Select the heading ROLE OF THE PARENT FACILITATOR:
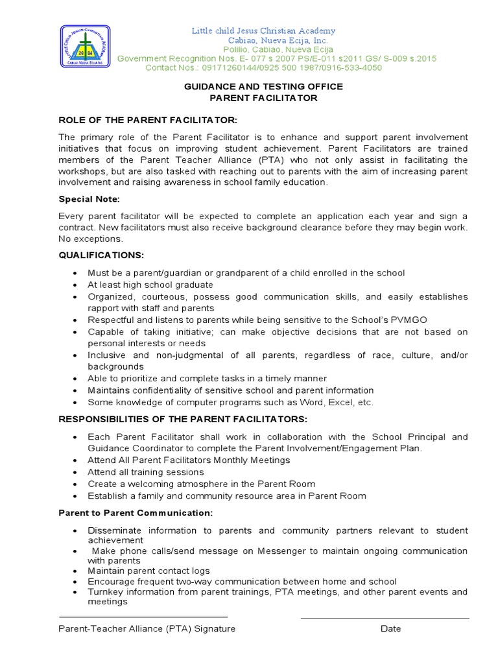click(148, 121)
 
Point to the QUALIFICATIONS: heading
click(101, 255)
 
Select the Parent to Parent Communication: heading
click(136, 513)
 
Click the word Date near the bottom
click(391, 628)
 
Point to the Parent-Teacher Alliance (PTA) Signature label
click(147, 628)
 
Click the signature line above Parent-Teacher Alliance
click(143, 617)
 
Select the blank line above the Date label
click(385, 617)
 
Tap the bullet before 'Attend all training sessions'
click(77, 473)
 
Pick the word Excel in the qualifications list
click(335, 402)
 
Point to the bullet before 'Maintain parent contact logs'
click(77, 571)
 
